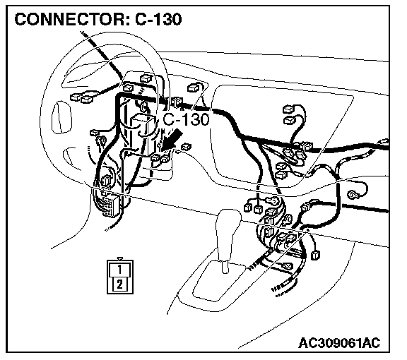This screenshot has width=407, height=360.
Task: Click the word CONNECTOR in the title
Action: pyautogui.click(x=69, y=19)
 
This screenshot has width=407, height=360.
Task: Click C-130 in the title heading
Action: pyautogui.click(x=158, y=19)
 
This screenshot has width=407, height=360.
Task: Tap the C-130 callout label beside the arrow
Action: pyautogui.click(x=186, y=119)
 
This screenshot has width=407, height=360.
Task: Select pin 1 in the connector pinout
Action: pyautogui.click(x=119, y=270)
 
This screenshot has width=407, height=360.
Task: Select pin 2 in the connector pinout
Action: pyautogui.click(x=119, y=284)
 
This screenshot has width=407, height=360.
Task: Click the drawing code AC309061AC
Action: pyautogui.click(x=339, y=343)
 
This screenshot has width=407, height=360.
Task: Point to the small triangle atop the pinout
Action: pyautogui.click(x=119, y=258)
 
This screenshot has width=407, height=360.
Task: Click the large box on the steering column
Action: pyautogui.click(x=142, y=135)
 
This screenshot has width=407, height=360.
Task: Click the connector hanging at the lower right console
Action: pyautogui.click(x=315, y=255)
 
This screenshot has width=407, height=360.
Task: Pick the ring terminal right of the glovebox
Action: pyautogui.click(x=352, y=195)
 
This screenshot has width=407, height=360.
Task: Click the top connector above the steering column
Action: pyautogui.click(x=146, y=78)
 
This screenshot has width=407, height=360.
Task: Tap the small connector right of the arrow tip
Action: pyautogui.click(x=186, y=147)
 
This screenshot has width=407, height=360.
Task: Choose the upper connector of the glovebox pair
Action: pyautogui.click(x=289, y=109)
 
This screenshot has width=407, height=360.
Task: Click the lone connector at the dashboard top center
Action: pyautogui.click(x=194, y=88)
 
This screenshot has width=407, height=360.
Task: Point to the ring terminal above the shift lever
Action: pyautogui.click(x=272, y=200)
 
